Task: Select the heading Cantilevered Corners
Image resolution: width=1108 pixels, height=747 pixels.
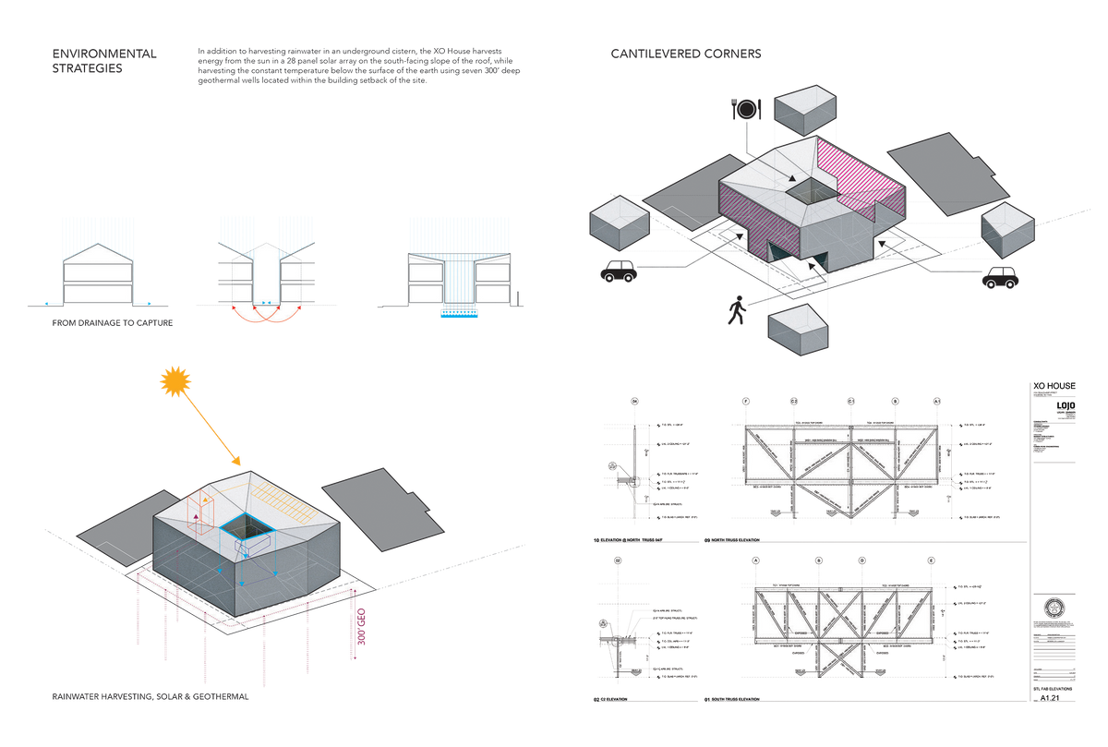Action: (x=686, y=54)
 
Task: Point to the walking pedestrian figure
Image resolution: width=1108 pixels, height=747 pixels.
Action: (x=736, y=310)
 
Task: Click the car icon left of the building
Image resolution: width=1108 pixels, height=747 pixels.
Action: (x=617, y=272)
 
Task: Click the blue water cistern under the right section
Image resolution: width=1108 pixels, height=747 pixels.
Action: (x=452, y=316)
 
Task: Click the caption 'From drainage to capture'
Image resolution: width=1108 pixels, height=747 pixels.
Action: (x=113, y=324)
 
